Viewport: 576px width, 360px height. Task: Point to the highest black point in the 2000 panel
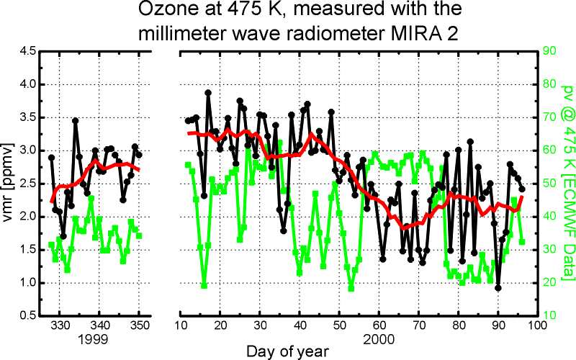[x=208, y=93]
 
